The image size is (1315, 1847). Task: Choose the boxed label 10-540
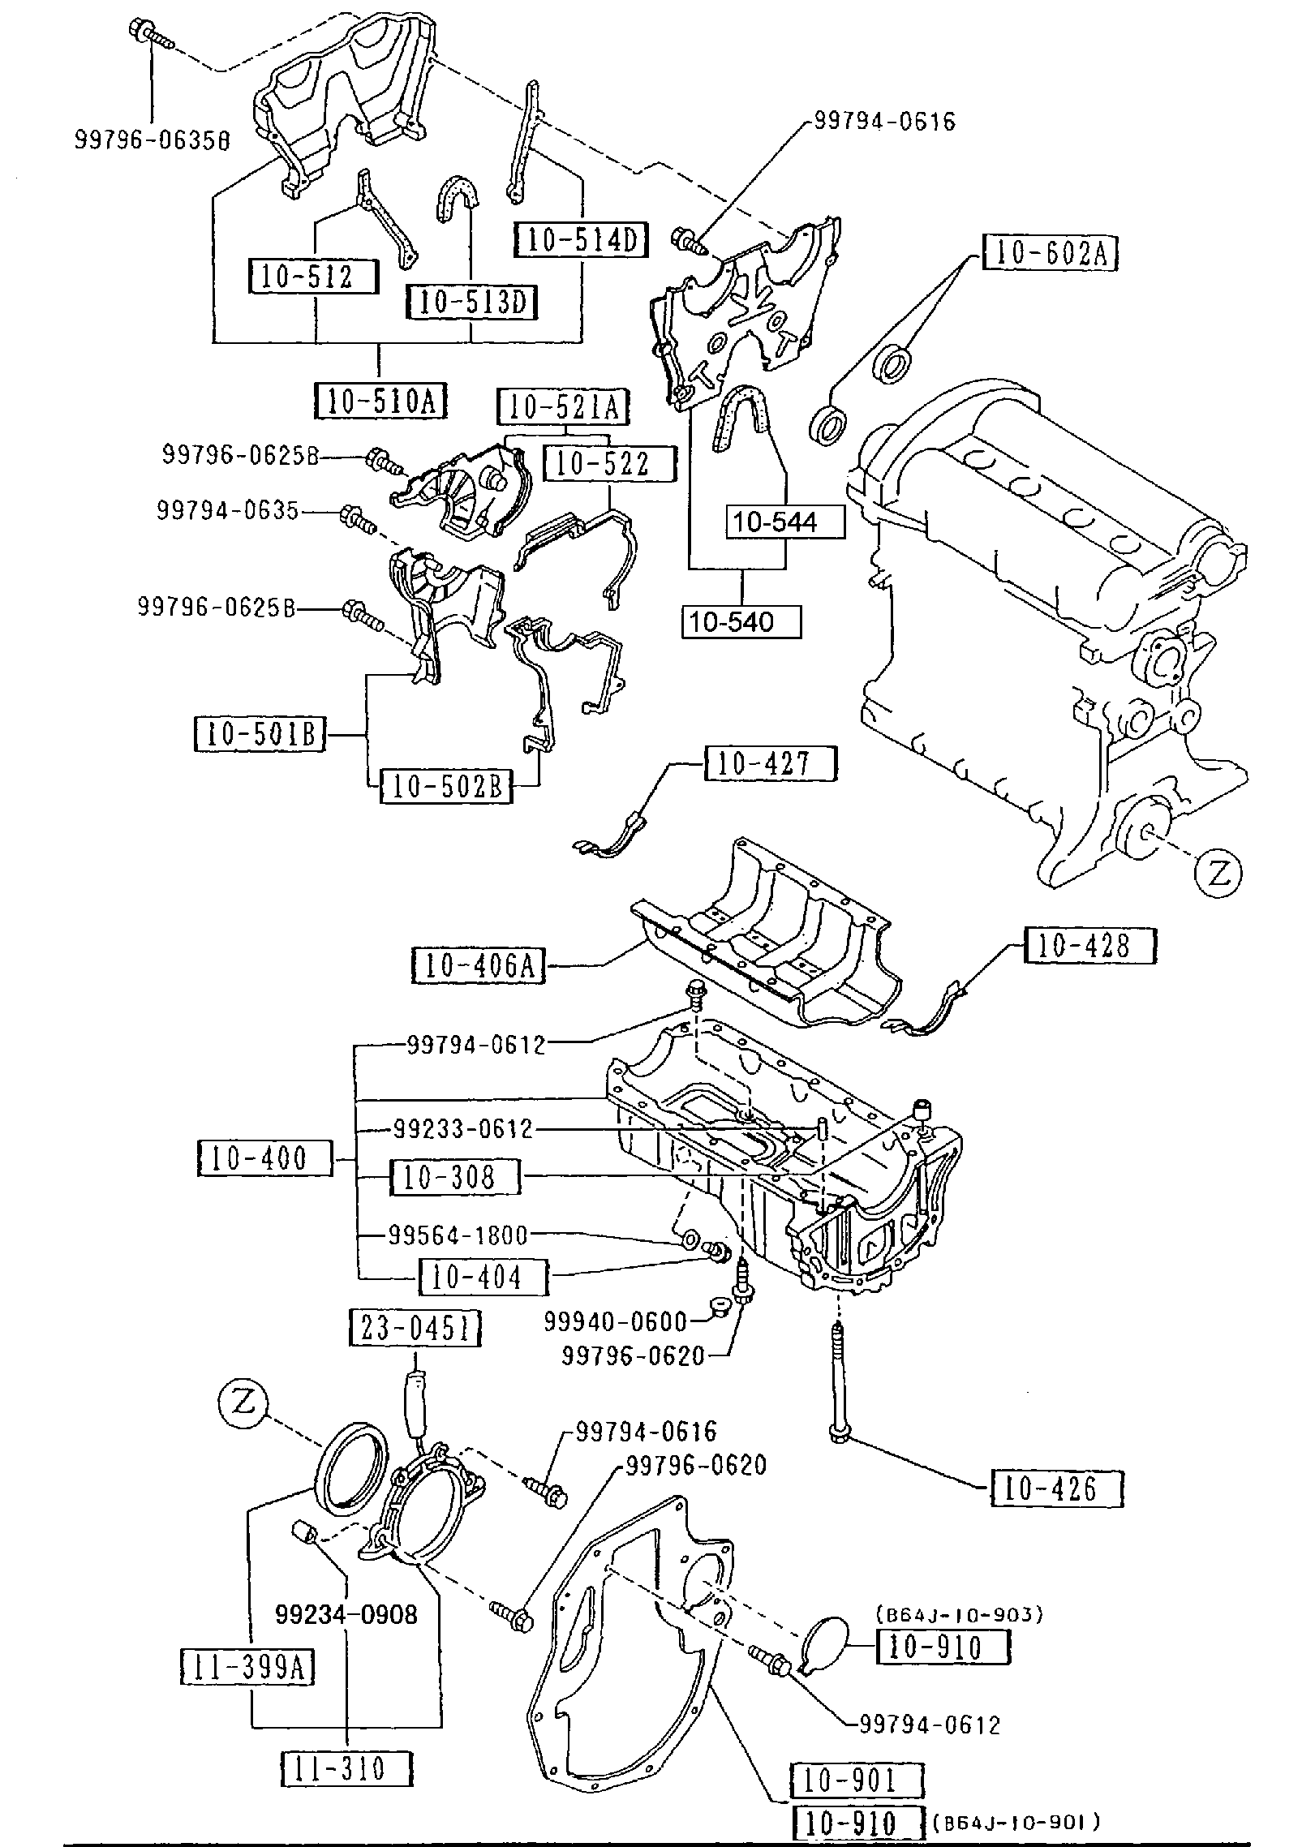point(741,622)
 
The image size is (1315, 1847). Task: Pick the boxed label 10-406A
point(478,965)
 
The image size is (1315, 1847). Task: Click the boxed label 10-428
point(1089,945)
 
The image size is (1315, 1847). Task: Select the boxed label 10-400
point(265,1158)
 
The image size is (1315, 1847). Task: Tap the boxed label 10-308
point(454,1176)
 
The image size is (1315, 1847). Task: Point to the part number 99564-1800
point(458,1235)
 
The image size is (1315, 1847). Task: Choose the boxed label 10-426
point(1056,1488)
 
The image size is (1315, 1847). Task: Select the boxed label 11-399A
point(247,1667)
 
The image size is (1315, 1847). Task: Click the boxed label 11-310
point(346,1768)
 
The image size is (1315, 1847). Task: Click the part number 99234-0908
point(346,1614)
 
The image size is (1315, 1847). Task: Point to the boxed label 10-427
point(771,763)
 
